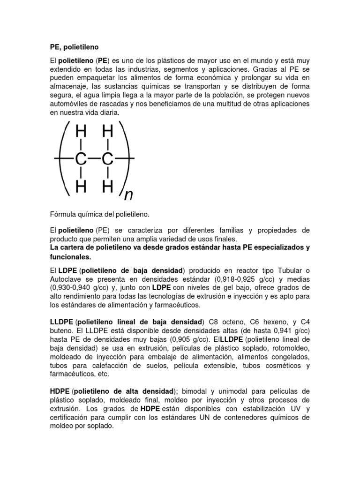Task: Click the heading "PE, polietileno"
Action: click(x=75, y=47)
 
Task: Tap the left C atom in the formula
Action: click(x=81, y=159)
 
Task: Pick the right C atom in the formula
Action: click(x=108, y=159)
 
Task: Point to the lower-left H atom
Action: click(x=81, y=187)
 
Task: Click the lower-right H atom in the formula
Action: click(x=108, y=187)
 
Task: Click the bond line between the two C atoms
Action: click(x=94, y=159)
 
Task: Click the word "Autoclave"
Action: click(x=66, y=279)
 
